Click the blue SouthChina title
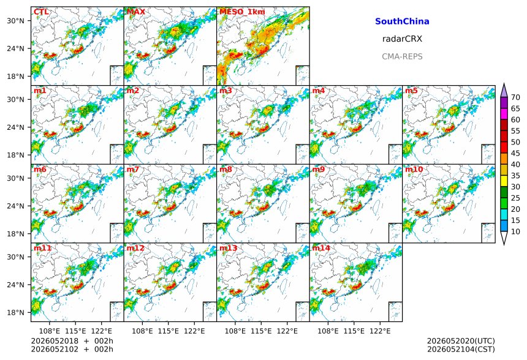click(x=402, y=21)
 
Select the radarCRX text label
click(x=402, y=39)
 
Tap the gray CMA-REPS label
click(x=402, y=56)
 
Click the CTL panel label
click(x=41, y=12)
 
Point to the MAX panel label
click(x=136, y=12)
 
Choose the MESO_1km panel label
click(x=242, y=12)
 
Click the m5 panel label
click(x=411, y=91)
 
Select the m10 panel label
click(x=414, y=169)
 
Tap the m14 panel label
click(x=321, y=248)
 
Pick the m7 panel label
click(x=133, y=169)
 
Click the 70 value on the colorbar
click(x=515, y=97)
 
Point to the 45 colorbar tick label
click(x=515, y=153)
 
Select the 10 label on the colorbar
click(x=515, y=231)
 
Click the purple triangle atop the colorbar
click(x=504, y=91)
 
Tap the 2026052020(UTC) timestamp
click(x=461, y=341)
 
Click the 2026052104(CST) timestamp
click(x=461, y=349)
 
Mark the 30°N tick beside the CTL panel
click(x=16, y=21)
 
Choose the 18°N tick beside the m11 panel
click(x=16, y=313)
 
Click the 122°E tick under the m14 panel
click(x=380, y=331)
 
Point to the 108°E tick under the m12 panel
click(x=142, y=331)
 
